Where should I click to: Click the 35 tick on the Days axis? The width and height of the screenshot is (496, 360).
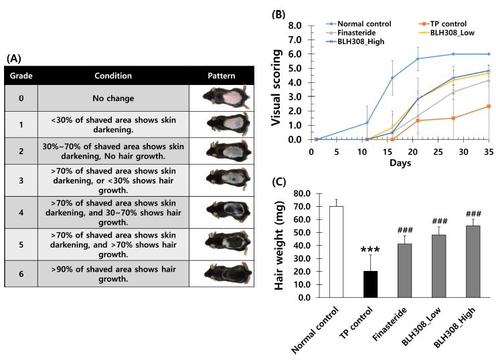488,153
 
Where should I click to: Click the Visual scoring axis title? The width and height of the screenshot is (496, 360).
278,82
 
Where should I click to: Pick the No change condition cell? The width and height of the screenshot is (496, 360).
112,98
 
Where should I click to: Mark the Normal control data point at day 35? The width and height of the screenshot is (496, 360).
488,54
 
